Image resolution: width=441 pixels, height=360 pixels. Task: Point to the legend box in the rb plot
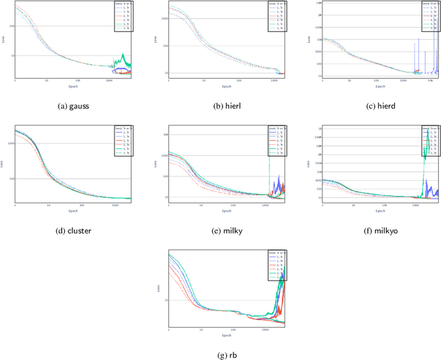pos(273,264)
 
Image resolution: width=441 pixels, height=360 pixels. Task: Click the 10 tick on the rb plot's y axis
pos(163,301)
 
